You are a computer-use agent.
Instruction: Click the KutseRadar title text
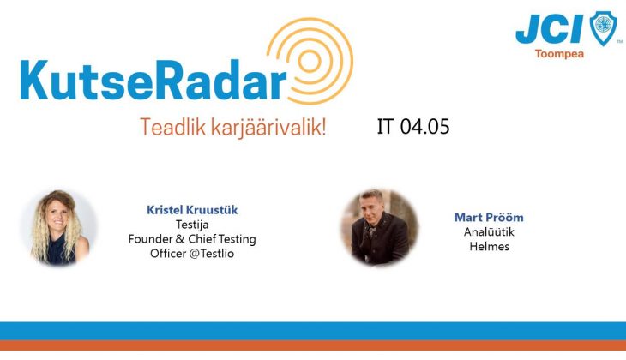[x=153, y=80]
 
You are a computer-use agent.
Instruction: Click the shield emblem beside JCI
[x=603, y=28]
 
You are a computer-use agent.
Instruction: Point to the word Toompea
[x=559, y=54]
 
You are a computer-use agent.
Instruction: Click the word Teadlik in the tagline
[x=173, y=128]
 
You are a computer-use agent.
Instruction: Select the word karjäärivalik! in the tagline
[x=268, y=128]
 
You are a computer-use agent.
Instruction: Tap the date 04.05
[x=424, y=127]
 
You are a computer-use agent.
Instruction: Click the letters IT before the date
[x=385, y=127]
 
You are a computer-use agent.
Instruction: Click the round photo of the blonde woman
[x=60, y=228]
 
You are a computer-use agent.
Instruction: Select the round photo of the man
[x=379, y=227]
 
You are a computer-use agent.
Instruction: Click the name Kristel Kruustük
[x=192, y=210]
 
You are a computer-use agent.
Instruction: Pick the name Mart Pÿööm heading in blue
[x=489, y=218]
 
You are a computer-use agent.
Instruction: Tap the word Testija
[x=192, y=225]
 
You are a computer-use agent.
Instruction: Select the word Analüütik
[x=489, y=232]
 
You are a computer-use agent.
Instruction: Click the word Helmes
[x=489, y=246]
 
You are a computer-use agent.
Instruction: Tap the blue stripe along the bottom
[x=313, y=331]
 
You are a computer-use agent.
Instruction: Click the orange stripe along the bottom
[x=313, y=345]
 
